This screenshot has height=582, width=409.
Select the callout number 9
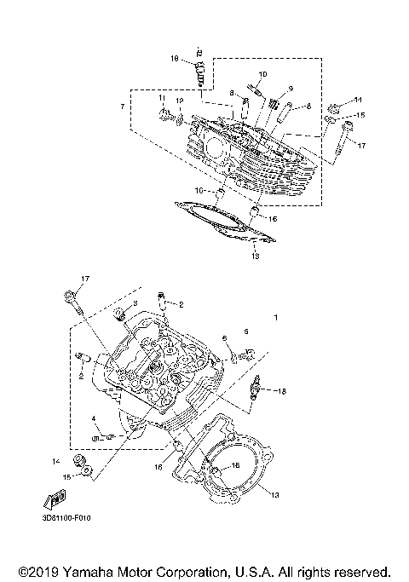coord(290,89)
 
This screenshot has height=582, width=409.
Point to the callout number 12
coord(180,100)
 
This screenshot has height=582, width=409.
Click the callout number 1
coord(275,317)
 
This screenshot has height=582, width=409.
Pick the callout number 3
coord(134,303)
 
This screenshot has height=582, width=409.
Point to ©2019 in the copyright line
coord(38,571)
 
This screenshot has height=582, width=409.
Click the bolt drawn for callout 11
coord(163,113)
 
